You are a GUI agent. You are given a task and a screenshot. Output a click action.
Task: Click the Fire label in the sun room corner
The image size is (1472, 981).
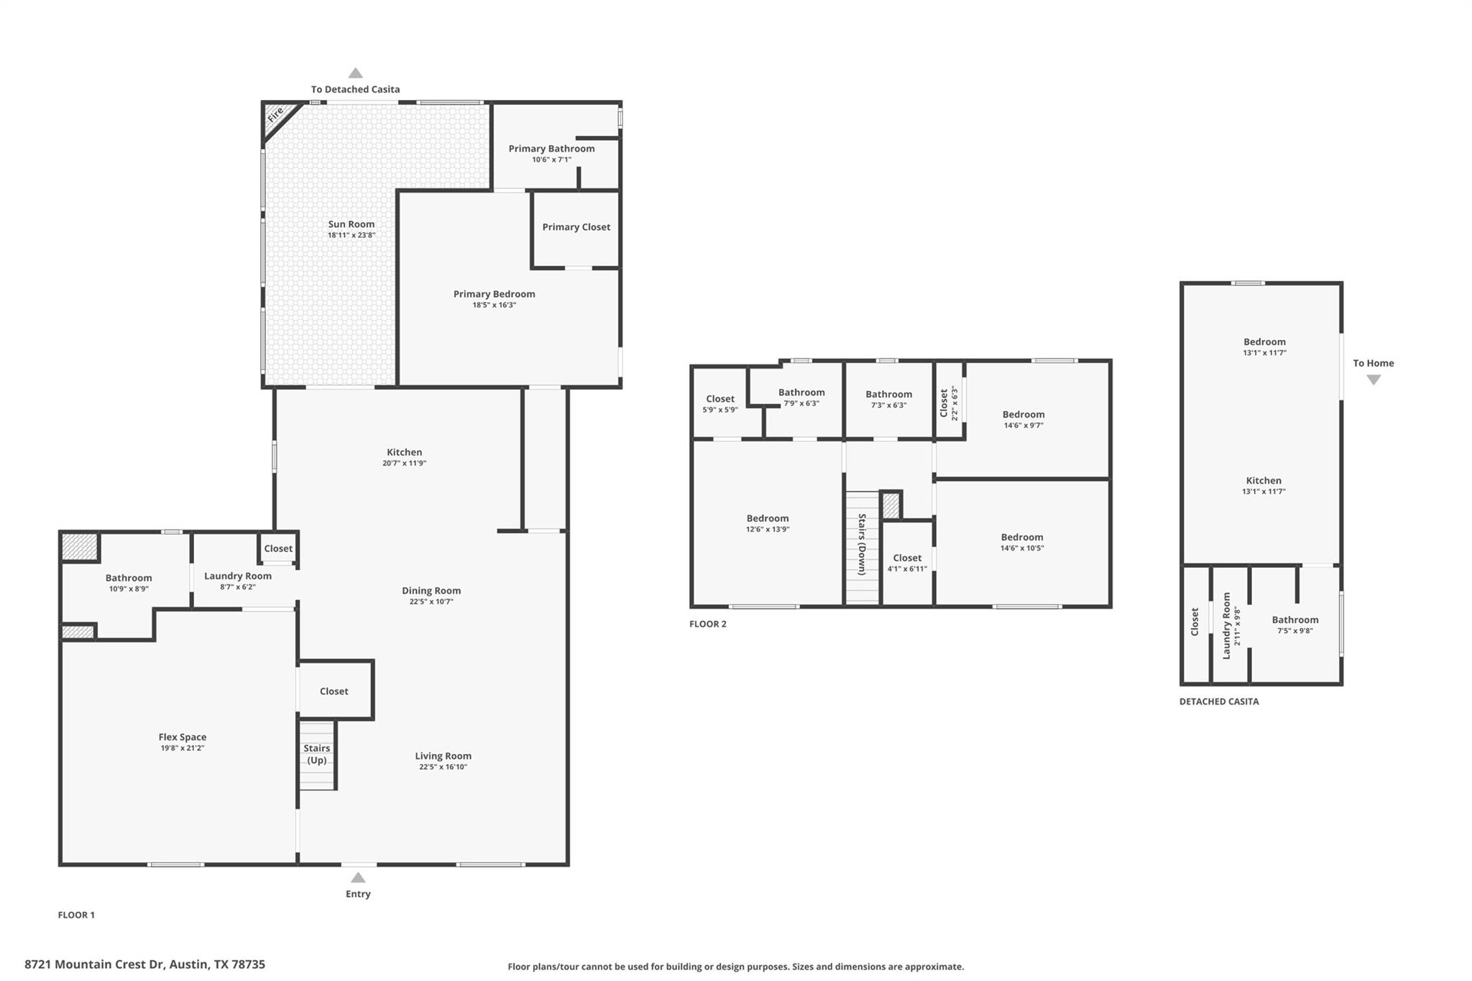275,115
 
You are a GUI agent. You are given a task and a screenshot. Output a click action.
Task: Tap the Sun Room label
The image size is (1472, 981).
351,224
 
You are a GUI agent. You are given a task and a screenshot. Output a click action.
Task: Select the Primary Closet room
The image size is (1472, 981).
576,227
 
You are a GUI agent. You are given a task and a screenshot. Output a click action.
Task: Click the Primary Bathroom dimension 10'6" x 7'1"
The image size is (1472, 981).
551,160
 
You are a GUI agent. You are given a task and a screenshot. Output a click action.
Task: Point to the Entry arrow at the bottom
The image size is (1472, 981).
358,878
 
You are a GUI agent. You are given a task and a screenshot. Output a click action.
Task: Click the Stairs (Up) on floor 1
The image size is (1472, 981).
317,754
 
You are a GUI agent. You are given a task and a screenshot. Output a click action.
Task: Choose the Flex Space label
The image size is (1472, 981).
183,737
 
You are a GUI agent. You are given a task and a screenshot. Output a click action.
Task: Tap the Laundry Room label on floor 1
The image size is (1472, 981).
238,576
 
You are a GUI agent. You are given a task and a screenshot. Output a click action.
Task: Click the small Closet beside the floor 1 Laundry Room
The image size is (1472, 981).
278,548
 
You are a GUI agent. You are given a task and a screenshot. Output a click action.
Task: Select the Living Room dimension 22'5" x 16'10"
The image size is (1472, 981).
443,767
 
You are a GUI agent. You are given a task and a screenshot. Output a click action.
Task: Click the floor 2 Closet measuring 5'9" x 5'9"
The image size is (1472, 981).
720,403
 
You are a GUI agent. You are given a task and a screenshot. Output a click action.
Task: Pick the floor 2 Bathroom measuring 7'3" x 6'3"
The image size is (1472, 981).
888,399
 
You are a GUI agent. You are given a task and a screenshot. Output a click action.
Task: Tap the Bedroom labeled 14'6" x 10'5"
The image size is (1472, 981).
1021,542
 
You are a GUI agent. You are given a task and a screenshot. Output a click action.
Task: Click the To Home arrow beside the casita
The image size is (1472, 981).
1373,380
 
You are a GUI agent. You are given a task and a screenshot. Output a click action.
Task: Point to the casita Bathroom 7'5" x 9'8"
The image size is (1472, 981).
1295,625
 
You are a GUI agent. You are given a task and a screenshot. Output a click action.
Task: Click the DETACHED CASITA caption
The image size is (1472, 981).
1219,701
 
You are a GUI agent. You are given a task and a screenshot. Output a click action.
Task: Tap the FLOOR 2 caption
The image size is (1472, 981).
708,624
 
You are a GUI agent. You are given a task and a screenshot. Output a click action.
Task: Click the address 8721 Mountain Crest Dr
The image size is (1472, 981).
144,964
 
